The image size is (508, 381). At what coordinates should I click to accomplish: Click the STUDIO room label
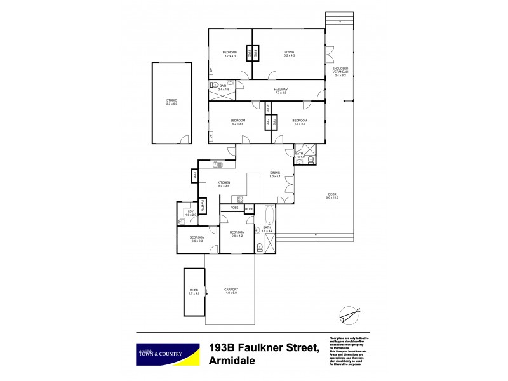coord(171,101)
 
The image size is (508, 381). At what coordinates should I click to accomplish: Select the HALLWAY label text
coord(281,91)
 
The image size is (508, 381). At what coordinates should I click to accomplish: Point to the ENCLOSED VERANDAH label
coord(340,71)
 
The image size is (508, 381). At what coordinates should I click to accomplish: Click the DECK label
coord(332,195)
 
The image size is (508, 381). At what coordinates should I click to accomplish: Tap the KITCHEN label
coord(223,183)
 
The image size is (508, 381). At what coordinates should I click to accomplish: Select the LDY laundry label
coord(189,211)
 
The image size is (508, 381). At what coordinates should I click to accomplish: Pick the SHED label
coord(194,291)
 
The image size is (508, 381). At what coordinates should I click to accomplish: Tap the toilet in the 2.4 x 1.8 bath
coord(215,84)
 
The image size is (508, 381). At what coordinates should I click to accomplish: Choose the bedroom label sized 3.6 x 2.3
coord(196,238)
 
